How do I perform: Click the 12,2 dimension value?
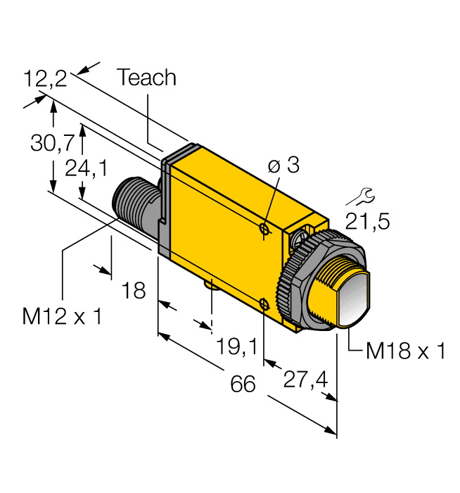click(x=45, y=78)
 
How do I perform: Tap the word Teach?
click(x=146, y=77)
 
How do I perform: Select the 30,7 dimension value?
click(x=51, y=143)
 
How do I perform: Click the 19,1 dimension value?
click(x=237, y=346)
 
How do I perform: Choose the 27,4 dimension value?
click(x=304, y=380)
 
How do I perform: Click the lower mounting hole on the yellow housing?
click(x=264, y=304)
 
